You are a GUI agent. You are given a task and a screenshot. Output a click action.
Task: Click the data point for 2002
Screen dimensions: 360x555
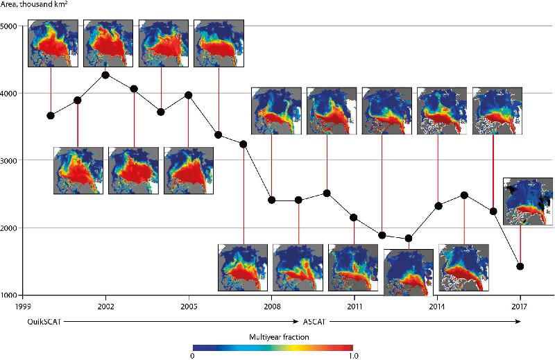105,75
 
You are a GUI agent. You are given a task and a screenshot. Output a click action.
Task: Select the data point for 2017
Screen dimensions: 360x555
520,266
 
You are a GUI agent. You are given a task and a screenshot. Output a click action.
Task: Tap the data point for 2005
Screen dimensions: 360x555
188,95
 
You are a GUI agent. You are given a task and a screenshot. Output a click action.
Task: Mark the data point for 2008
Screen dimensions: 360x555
271,200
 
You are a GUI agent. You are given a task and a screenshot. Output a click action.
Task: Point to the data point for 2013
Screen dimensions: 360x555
409,239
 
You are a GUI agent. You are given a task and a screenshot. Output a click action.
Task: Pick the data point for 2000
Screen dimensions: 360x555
51,115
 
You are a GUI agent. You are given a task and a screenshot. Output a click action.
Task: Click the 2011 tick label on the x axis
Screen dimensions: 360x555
355,306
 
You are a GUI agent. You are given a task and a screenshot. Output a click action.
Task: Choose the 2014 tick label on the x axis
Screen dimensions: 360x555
437,306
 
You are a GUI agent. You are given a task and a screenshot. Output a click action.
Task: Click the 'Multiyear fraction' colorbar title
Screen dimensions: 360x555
272,336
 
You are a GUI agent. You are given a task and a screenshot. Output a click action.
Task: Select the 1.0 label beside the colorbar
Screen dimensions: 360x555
353,356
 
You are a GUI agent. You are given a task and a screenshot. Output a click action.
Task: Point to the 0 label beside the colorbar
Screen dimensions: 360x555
192,356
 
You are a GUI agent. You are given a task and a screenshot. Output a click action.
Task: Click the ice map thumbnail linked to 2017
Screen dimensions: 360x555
527,202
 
